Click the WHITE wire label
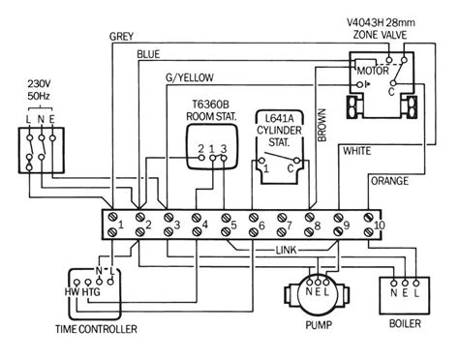pyautogui.click(x=357, y=152)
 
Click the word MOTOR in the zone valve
pyautogui.click(x=370, y=70)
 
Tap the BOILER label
pyautogui.click(x=405, y=324)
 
